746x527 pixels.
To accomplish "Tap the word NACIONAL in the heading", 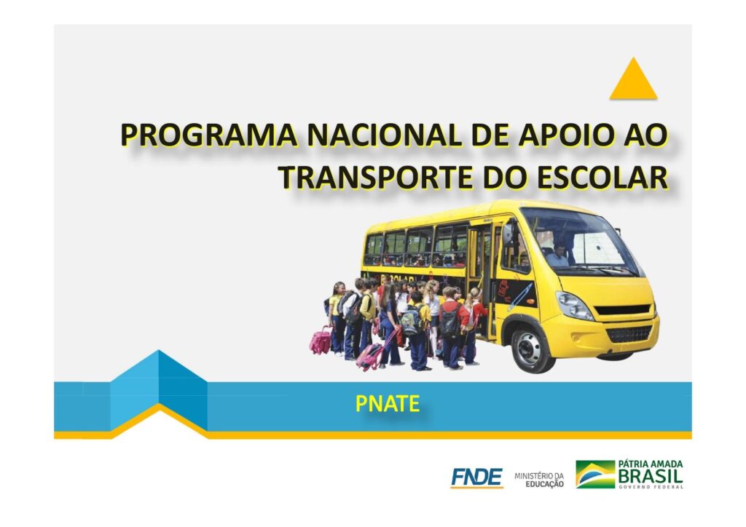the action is pos(385,135).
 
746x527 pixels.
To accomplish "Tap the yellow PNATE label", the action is pos(388,404).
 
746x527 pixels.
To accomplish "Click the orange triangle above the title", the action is pos(633,79).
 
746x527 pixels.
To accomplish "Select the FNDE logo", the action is pos(476,477).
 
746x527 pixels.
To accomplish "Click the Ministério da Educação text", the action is pos(539,480).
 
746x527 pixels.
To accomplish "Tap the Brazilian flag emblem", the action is pos(594,474).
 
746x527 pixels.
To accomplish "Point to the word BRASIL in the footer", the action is pos(651,475).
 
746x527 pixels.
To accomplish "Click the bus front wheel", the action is pos(532,349).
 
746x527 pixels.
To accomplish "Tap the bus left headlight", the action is pos(575,306).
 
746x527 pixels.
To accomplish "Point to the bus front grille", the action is pos(629,333).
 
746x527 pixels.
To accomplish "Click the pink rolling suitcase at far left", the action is pos(321,340).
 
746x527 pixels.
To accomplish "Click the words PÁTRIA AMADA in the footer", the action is pos(651,464).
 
